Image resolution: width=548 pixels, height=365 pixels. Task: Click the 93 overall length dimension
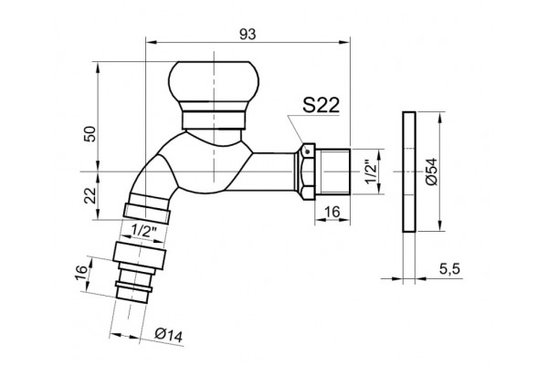pyautogui.click(x=248, y=35)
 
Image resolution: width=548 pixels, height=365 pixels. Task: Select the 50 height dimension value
pyautogui.click(x=90, y=134)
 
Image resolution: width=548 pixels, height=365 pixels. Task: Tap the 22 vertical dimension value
pyautogui.click(x=90, y=195)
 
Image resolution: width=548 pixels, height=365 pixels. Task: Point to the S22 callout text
pyautogui.click(x=321, y=105)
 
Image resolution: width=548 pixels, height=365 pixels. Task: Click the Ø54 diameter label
pyautogui.click(x=432, y=172)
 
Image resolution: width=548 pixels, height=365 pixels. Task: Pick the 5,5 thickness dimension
pyautogui.click(x=449, y=269)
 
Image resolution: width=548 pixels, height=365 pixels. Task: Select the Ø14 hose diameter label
pyautogui.click(x=168, y=335)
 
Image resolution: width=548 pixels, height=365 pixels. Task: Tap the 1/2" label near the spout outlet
pyautogui.click(x=143, y=231)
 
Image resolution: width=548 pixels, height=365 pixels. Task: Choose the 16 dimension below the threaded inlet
pyautogui.click(x=332, y=212)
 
